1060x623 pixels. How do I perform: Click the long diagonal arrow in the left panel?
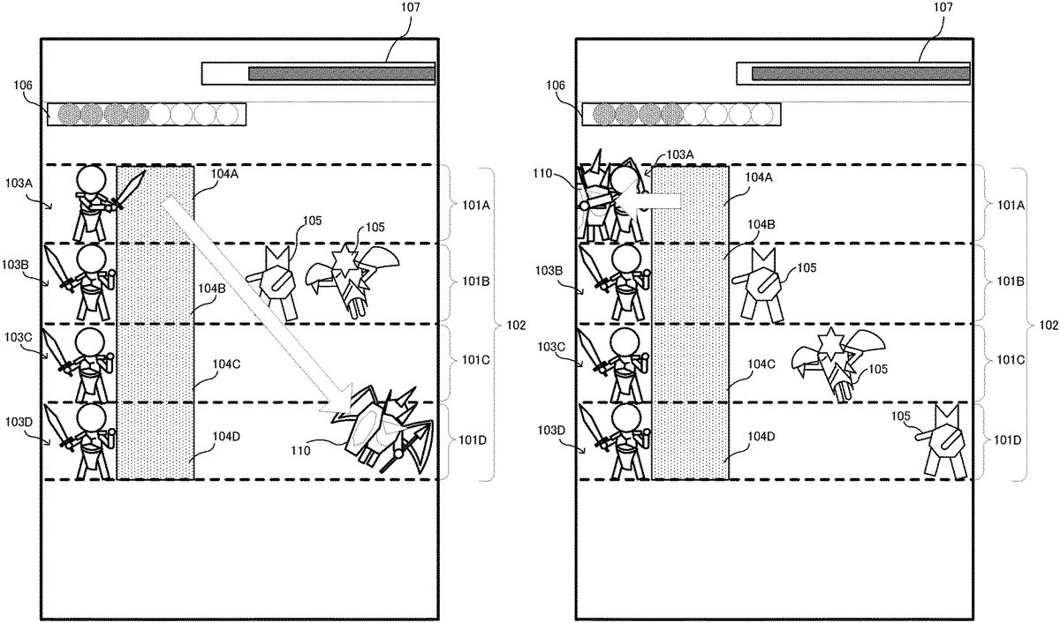point(256,304)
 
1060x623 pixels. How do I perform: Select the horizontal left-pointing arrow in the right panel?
point(658,202)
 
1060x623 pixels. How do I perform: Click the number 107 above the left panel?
point(411,8)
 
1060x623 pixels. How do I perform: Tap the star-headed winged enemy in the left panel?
point(350,274)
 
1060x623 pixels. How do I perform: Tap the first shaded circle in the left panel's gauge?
point(69,114)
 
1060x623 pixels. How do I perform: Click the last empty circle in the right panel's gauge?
point(765,114)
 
